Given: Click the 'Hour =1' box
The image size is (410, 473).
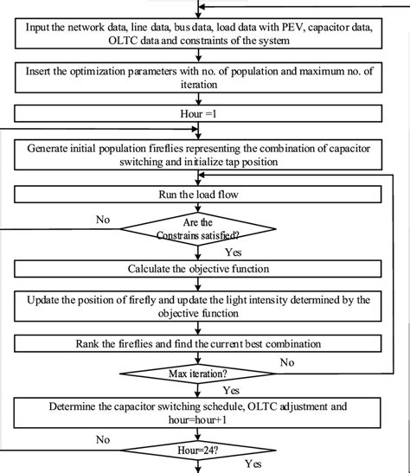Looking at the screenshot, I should pyautogui.click(x=205, y=112).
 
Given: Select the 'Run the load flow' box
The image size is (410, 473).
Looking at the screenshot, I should pyautogui.click(x=205, y=195).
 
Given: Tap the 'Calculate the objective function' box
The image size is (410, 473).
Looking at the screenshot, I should pyautogui.click(x=205, y=268).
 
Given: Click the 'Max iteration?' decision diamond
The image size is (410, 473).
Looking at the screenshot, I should pyautogui.click(x=204, y=374).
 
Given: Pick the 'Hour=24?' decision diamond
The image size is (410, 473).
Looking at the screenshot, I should pyautogui.click(x=204, y=451).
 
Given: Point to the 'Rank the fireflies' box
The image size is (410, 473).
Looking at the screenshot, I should pyautogui.click(x=205, y=344).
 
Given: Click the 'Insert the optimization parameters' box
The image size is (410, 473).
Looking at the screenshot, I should pyautogui.click(x=205, y=77).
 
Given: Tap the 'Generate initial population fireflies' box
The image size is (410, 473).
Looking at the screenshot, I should pyautogui.click(x=205, y=155).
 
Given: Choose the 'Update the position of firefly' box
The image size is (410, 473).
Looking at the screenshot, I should pyautogui.click(x=205, y=306).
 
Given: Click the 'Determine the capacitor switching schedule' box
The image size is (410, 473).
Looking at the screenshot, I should pyautogui.click(x=205, y=412).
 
